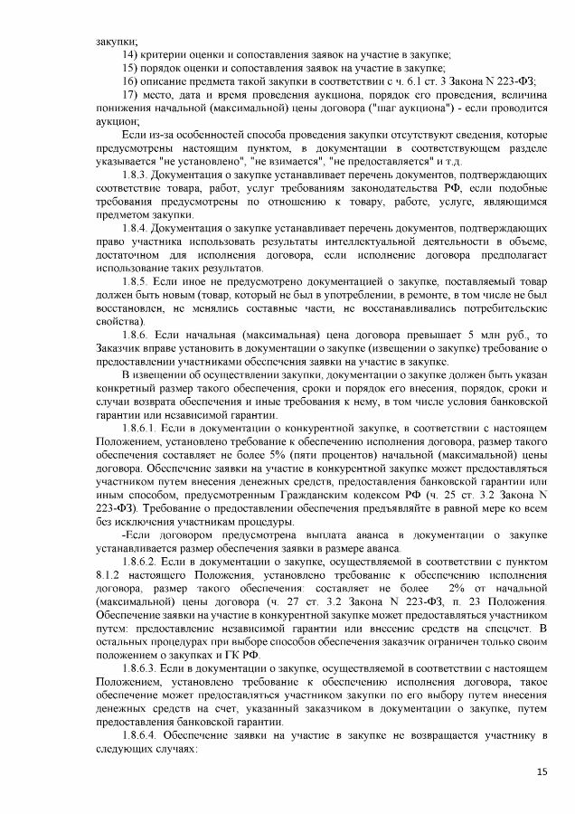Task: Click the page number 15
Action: click(542, 771)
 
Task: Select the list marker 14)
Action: click(129, 54)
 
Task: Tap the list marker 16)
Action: click(129, 80)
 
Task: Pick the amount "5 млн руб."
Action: click(494, 335)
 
